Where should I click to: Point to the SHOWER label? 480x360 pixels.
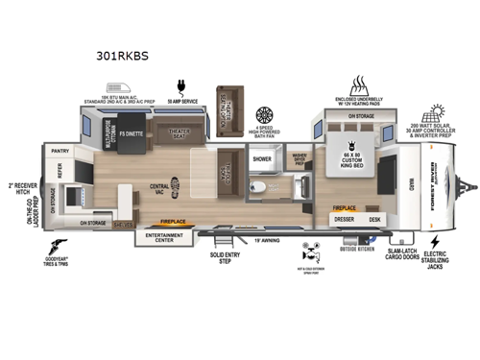click(x=263, y=158)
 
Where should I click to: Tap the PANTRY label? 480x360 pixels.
click(x=60, y=151)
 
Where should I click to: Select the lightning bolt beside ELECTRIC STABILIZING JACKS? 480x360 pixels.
click(x=434, y=241)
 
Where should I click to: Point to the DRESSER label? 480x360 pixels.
click(x=346, y=218)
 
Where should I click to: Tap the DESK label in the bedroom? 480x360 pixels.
click(x=373, y=218)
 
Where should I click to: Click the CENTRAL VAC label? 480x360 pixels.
click(x=160, y=188)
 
